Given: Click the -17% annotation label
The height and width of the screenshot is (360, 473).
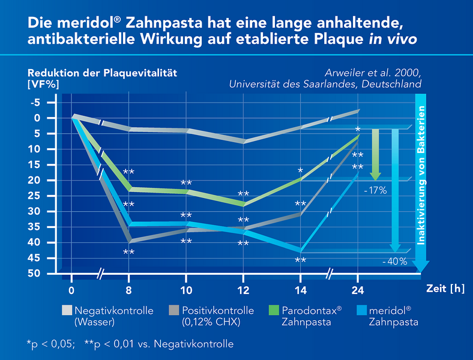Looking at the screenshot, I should click(375, 190).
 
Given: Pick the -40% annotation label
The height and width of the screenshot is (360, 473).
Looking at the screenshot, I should click(396, 262).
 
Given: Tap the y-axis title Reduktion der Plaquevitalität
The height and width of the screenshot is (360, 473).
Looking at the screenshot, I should click(104, 73).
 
